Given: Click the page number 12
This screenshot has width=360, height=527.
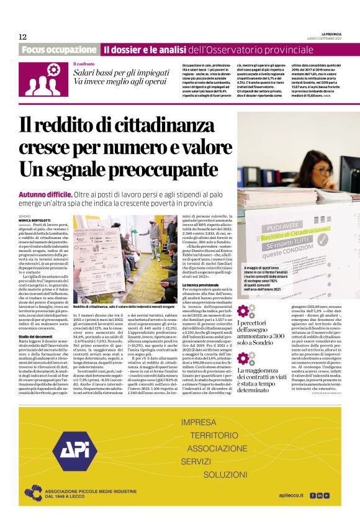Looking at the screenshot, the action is [x=22, y=37].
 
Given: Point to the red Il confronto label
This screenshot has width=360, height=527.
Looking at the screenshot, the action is [x=84, y=64].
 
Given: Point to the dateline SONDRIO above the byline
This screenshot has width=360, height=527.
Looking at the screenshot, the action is [x=24, y=216].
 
